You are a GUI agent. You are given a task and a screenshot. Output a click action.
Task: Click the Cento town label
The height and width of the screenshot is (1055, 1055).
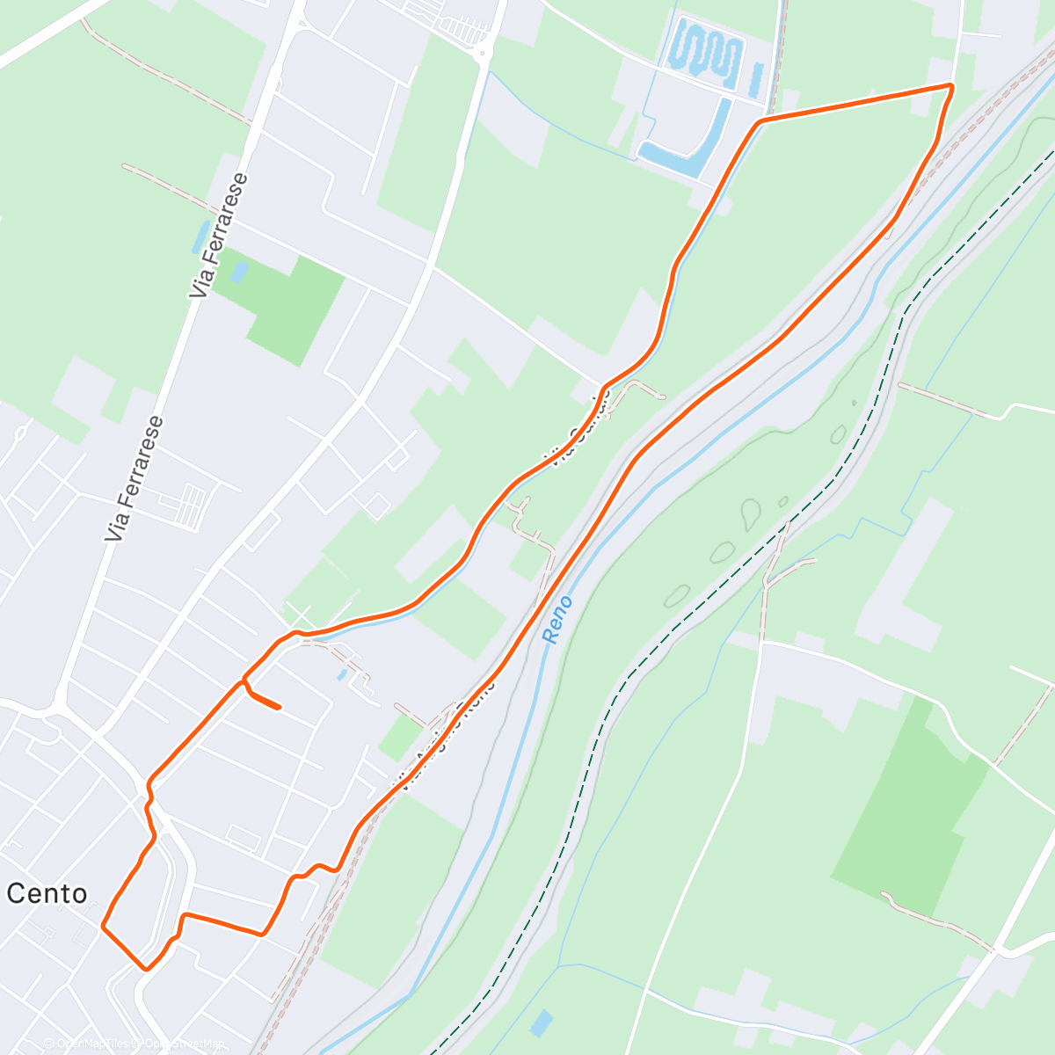47,894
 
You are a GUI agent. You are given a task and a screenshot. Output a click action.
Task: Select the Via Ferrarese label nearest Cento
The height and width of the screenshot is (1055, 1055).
133,479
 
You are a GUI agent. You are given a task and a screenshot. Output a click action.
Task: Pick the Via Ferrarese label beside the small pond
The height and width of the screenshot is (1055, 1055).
220,235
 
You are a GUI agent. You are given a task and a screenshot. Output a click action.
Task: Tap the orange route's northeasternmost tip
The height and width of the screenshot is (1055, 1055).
951,85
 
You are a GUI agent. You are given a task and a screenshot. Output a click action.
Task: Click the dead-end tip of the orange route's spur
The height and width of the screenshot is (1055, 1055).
279,707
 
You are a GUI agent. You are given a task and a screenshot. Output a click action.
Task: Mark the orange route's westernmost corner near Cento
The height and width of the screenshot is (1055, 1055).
104,925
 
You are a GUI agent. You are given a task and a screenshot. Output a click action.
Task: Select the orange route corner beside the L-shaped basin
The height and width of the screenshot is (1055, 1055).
759,120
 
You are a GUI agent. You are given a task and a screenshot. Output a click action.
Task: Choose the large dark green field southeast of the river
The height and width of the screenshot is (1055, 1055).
910,809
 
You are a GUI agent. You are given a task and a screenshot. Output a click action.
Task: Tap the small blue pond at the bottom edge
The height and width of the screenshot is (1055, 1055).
542,1022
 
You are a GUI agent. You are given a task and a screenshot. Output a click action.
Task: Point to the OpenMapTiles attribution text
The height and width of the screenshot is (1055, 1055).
88,1044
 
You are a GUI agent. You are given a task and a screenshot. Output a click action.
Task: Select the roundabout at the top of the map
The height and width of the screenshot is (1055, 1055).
483,55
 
